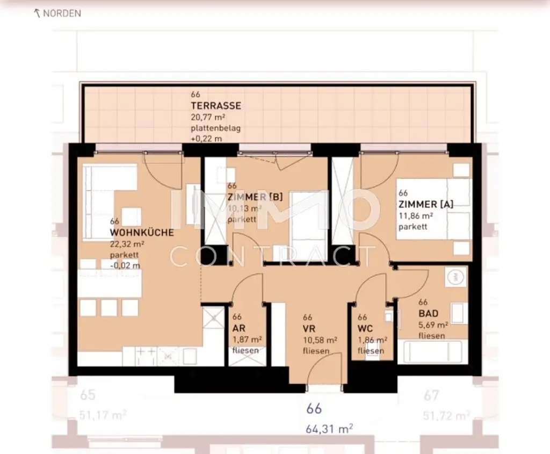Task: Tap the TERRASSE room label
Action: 216,106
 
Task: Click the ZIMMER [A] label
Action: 426,204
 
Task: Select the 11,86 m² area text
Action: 416,216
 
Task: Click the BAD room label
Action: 429,313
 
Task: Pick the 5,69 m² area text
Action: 433,325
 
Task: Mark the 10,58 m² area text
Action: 320,340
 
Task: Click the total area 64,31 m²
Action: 329,428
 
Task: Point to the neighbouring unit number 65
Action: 88,395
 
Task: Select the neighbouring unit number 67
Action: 431,396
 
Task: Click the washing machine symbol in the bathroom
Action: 455,277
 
